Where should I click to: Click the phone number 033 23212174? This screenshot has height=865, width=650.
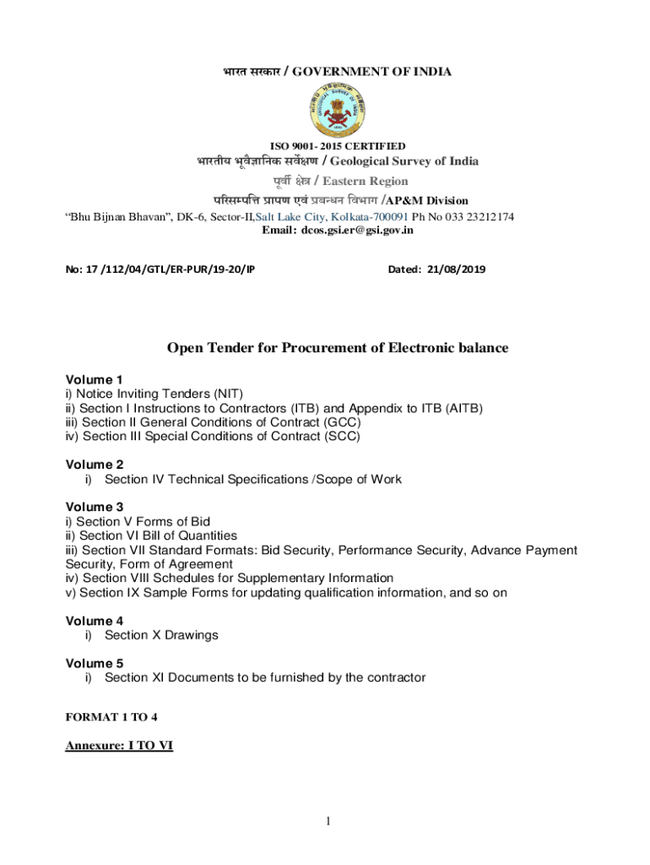click(x=474, y=217)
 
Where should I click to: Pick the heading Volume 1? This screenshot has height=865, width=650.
click(x=95, y=379)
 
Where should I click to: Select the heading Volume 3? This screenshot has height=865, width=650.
click(x=95, y=507)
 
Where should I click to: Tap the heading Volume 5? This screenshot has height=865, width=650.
click(x=95, y=663)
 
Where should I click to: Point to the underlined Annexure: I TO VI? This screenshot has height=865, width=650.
click(x=119, y=746)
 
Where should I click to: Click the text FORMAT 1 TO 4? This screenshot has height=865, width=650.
click(x=111, y=717)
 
